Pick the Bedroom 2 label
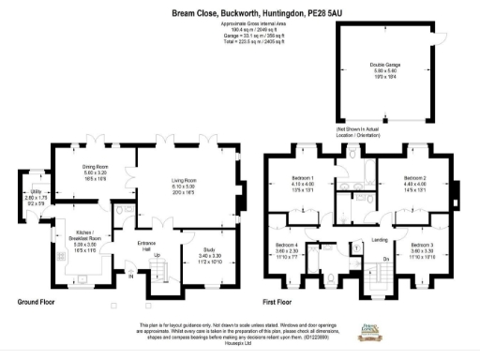414,179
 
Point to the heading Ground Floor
38,303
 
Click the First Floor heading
282,303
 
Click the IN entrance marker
131,276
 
